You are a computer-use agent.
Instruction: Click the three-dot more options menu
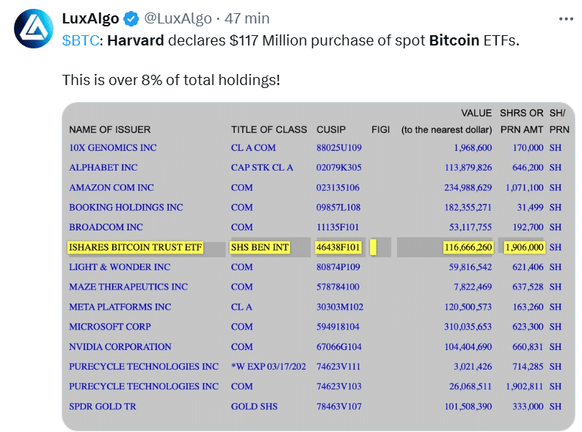click(x=565, y=19)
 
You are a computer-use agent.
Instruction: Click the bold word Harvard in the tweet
click(x=136, y=40)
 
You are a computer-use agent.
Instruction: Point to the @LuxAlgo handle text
click(x=179, y=18)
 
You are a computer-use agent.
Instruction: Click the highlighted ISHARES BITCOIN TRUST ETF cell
click(x=134, y=247)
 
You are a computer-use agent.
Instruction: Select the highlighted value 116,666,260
click(x=468, y=247)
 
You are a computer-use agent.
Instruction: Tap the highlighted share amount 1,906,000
click(x=523, y=247)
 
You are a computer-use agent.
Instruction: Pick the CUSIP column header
click(x=331, y=130)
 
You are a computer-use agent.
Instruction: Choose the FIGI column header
click(x=380, y=130)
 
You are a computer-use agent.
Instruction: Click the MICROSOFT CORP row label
click(x=110, y=326)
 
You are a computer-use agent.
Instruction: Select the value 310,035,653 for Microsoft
click(x=462, y=326)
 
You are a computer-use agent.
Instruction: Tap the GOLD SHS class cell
click(x=255, y=406)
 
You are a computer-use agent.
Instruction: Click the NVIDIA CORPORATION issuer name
click(x=120, y=347)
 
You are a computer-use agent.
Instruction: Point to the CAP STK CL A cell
click(x=262, y=167)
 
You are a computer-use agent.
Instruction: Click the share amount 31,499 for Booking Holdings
click(x=528, y=208)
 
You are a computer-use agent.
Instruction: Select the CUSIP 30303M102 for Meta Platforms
click(x=340, y=307)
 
